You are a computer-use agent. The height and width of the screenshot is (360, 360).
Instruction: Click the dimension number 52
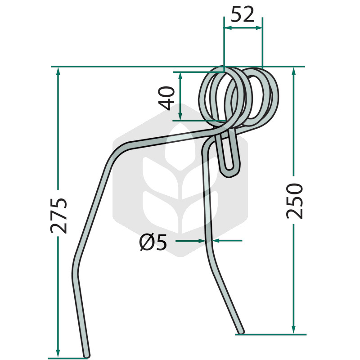pyautogui.click(x=243, y=14)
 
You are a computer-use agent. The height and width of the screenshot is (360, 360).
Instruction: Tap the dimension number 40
pyautogui.click(x=166, y=98)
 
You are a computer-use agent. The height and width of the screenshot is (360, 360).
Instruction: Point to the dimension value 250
pyautogui.click(x=295, y=201)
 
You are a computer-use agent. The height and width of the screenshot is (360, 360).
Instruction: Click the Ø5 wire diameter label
pyautogui.click(x=153, y=243)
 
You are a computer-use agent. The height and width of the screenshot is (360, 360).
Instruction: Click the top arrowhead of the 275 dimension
pyautogui.click(x=58, y=71)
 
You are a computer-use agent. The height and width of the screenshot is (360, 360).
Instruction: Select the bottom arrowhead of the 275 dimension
pyautogui.click(x=58, y=353)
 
